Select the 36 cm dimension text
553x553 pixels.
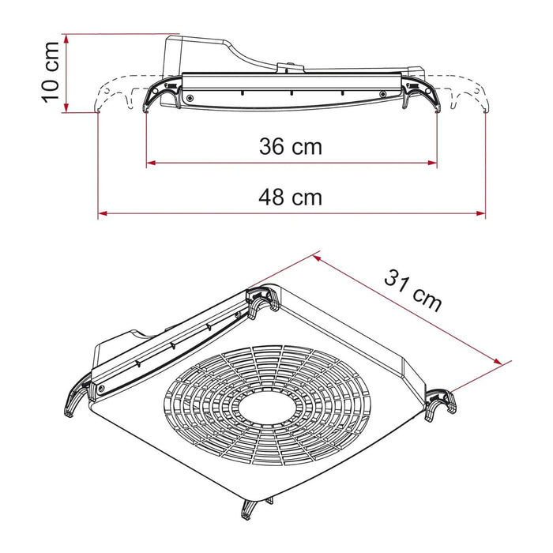291,146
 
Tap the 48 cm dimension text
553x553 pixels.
291,197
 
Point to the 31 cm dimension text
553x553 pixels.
412,290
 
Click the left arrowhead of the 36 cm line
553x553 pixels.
150,164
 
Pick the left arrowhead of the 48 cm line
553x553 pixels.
102,213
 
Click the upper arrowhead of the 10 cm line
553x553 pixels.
68,38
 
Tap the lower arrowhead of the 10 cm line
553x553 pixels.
68,109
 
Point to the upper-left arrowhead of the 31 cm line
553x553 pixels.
317,256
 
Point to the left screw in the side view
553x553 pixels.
190,96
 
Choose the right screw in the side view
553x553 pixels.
384,95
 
